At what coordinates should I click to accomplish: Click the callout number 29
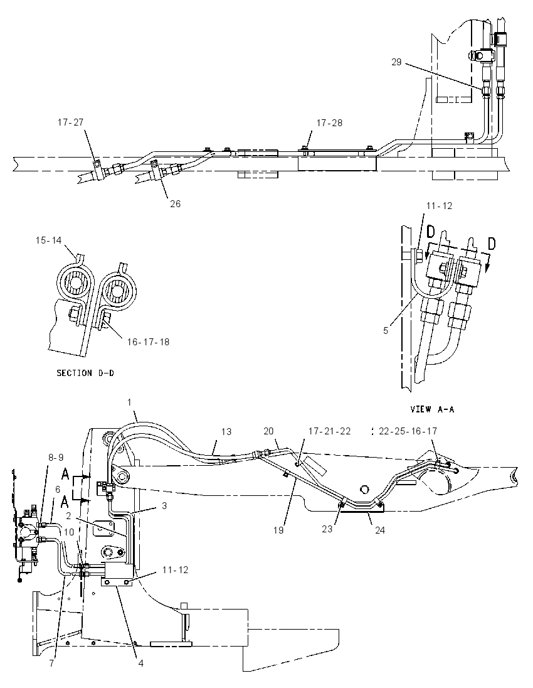click(x=396, y=62)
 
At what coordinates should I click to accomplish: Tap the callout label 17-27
click(x=70, y=122)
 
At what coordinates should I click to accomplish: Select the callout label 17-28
click(x=329, y=123)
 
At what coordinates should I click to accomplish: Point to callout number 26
click(x=176, y=203)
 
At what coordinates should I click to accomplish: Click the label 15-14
click(x=49, y=240)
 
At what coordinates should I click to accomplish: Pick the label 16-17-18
click(x=148, y=342)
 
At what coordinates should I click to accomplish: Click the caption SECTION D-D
click(x=85, y=373)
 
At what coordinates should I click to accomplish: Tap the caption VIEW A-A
click(x=432, y=409)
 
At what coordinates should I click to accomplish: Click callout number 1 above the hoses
click(x=129, y=402)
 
